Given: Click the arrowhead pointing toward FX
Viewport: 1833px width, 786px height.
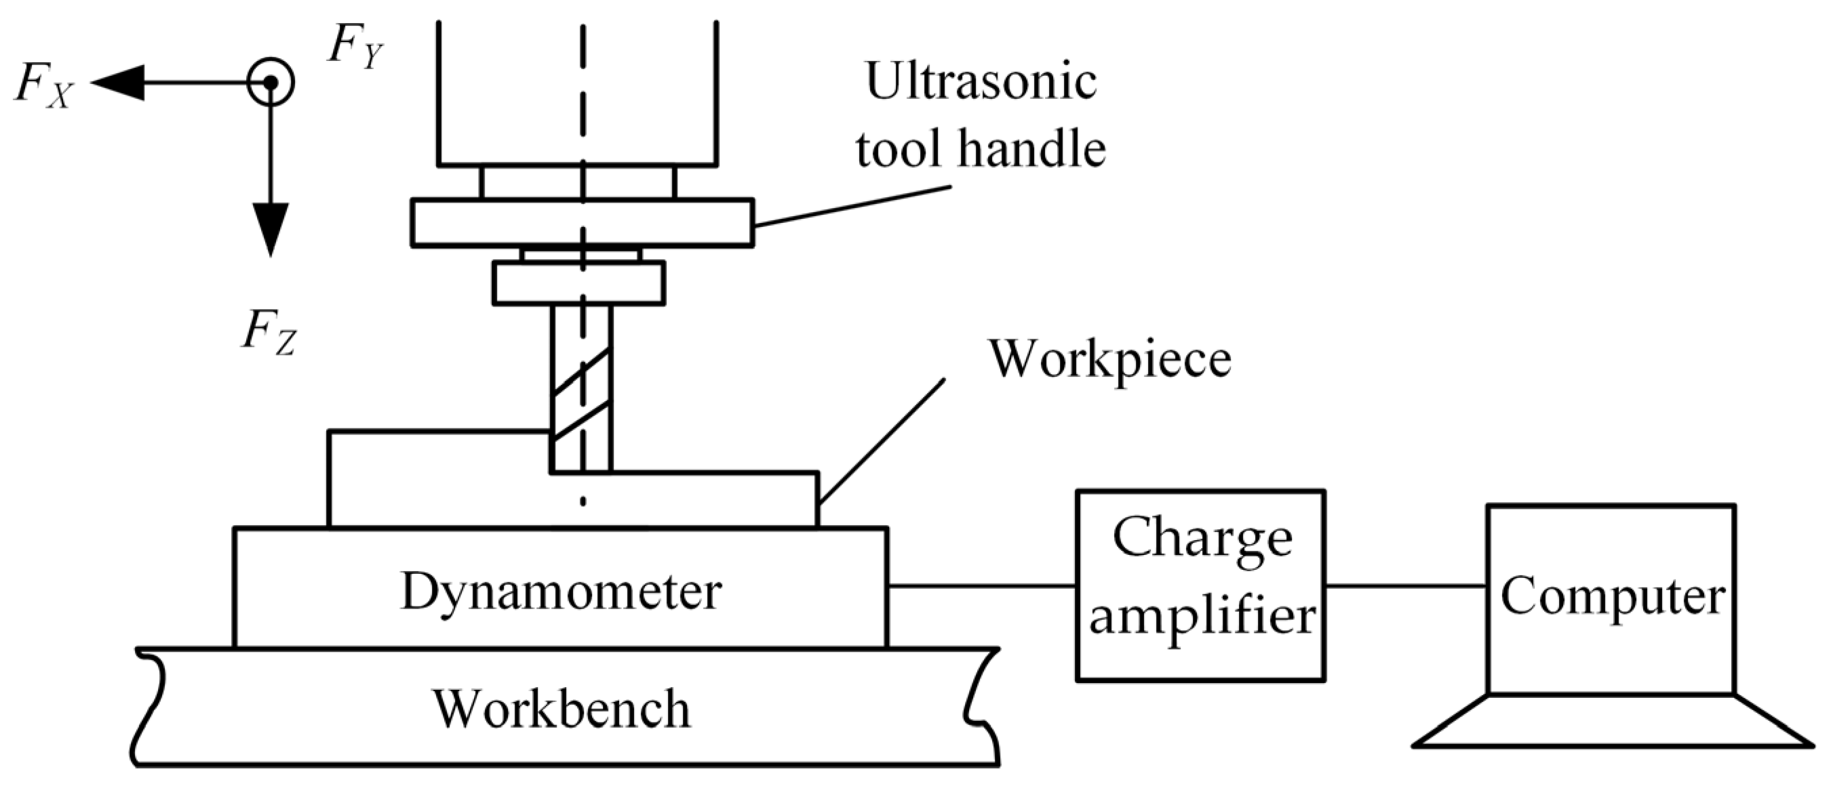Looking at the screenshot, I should tap(118, 83).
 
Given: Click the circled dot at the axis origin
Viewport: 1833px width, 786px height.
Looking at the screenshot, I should tap(271, 83).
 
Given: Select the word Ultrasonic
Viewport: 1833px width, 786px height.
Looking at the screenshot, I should tap(981, 81).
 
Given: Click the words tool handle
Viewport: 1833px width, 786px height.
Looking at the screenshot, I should tap(981, 148).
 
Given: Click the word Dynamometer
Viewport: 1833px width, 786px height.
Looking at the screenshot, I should tap(561, 590).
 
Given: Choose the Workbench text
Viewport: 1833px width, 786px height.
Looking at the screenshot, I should tap(562, 709).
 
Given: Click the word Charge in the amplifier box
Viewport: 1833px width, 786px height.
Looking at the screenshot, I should tap(1202, 539).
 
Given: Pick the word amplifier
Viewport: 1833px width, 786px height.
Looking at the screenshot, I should tap(1202, 616).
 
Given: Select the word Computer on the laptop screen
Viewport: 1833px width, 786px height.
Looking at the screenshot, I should tap(1613, 596).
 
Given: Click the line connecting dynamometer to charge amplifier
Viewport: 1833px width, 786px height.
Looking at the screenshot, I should tap(982, 586).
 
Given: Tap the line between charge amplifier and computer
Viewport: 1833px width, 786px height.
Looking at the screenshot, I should tap(1406, 586).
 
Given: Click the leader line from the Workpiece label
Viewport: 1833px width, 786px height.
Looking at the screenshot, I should tap(882, 441).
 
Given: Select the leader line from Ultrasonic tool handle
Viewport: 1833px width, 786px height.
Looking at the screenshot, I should tap(854, 207).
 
